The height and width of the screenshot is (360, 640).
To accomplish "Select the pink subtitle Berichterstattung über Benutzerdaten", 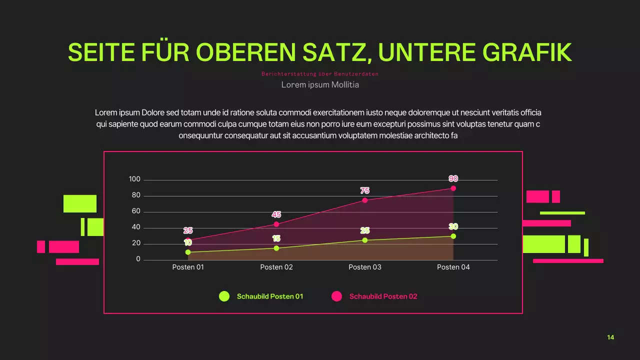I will [320, 74].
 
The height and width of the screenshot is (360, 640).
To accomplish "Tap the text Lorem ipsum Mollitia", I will [320, 84].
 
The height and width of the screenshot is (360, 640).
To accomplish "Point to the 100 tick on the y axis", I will [134, 179].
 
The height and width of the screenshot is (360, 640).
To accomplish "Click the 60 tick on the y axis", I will [136, 211].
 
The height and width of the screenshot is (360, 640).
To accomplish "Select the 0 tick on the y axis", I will [138, 259].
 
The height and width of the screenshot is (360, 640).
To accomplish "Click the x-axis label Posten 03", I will [365, 267].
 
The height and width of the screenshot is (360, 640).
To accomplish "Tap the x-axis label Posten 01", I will [188, 267].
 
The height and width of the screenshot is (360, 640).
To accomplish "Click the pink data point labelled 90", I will [453, 188].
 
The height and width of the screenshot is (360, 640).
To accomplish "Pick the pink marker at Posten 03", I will [365, 200].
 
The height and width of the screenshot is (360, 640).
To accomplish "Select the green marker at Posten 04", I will [453, 236].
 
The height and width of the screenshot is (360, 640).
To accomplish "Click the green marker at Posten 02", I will [276, 248].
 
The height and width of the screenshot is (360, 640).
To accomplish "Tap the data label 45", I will [276, 214].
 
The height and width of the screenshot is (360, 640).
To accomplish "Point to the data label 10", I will [188, 242].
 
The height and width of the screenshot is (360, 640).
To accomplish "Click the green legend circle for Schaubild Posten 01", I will [224, 296].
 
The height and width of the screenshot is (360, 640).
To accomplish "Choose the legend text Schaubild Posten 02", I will [383, 296].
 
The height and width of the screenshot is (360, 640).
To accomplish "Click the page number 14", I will [610, 337].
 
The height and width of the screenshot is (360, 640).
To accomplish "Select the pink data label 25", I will [188, 230].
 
